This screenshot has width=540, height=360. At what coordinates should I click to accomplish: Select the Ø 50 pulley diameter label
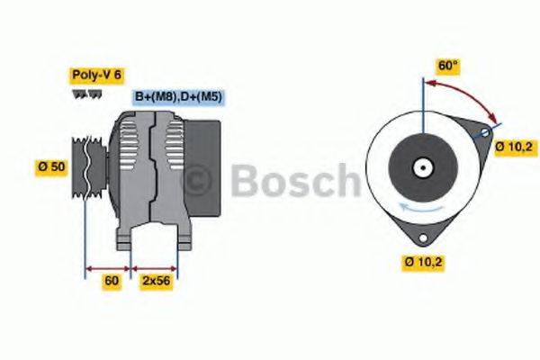tap(52, 167)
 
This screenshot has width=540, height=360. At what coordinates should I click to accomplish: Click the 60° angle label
tap(447, 66)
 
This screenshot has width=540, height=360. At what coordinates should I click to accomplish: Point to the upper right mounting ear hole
tap(484, 132)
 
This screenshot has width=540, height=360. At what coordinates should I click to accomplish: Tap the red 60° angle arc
tap(468, 94)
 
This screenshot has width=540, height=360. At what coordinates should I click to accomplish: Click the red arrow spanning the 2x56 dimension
tap(155, 267)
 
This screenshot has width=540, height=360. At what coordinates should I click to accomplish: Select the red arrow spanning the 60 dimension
tap(108, 267)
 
